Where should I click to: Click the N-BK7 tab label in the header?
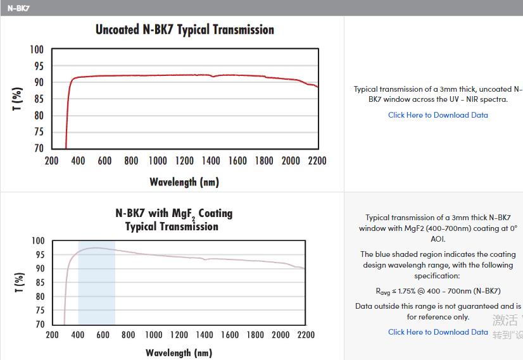[x=18, y=8]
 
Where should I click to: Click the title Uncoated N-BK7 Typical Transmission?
[x=185, y=30]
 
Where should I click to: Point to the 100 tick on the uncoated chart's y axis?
[x=37, y=50]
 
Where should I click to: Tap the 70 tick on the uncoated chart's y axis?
[x=39, y=149]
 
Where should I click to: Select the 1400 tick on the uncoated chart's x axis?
[x=211, y=161]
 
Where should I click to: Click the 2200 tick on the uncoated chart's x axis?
[x=317, y=161]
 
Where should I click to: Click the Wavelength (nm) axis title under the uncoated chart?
[x=184, y=182]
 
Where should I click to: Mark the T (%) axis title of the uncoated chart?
[x=18, y=99]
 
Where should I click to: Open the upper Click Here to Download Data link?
[x=438, y=115]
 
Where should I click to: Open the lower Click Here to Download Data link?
[x=438, y=332]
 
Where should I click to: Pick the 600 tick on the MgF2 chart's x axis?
[x=103, y=335]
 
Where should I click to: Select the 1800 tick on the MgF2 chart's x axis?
[x=255, y=335]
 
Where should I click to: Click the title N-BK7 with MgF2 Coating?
[x=174, y=213]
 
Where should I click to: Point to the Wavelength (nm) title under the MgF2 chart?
[x=179, y=352]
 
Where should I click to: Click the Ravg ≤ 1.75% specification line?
[x=438, y=291]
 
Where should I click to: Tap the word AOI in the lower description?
[x=438, y=239]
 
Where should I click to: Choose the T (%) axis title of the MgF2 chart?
[x=19, y=283]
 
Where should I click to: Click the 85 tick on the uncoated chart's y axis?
[x=39, y=99]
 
